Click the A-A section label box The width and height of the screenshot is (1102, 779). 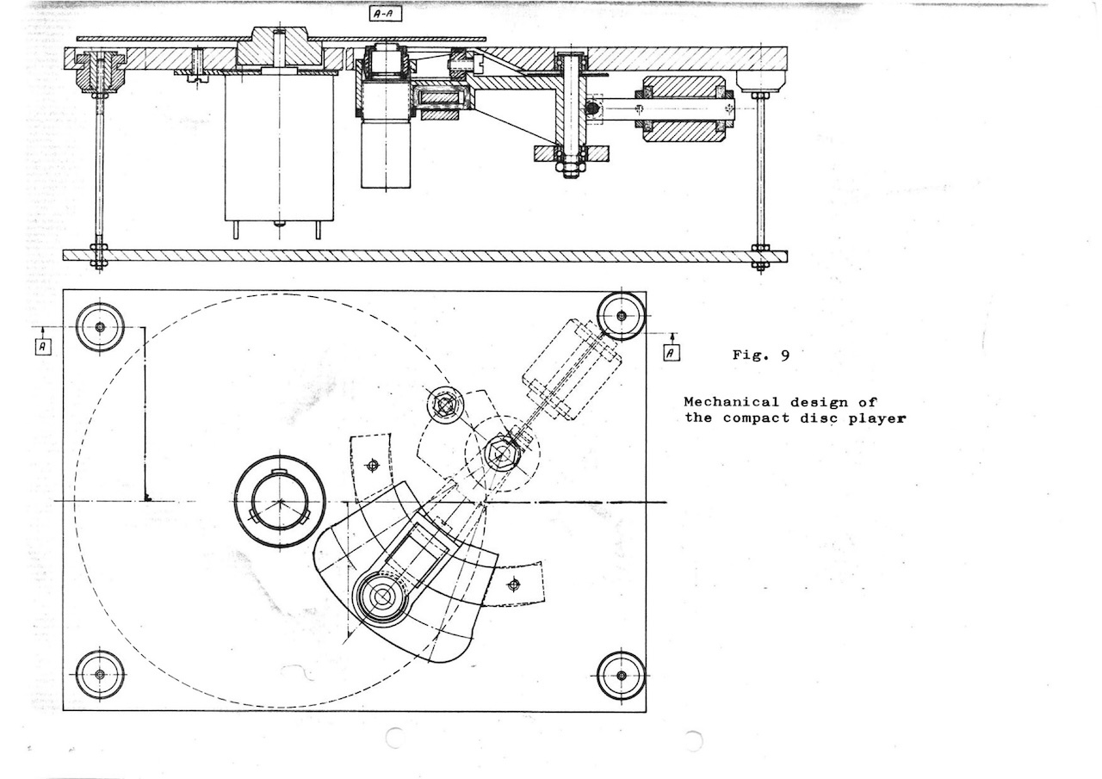coord(385,15)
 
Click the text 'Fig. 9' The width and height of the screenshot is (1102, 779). coord(760,355)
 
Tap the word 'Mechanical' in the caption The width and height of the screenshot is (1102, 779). coord(732,402)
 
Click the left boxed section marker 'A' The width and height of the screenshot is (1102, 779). coord(43,346)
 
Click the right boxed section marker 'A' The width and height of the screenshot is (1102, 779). coord(672,353)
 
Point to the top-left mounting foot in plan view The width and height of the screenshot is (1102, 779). coord(100,327)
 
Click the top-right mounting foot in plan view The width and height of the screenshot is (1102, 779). coord(622,316)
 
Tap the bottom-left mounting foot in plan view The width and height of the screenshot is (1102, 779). coord(100,674)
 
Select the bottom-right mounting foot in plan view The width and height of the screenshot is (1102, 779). coord(622,676)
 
